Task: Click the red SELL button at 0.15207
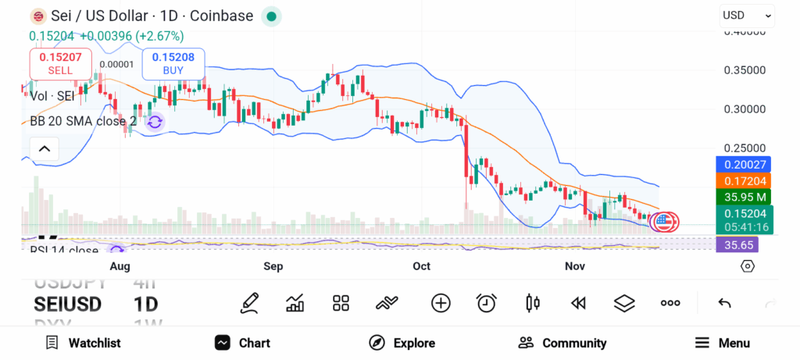[x=60, y=63]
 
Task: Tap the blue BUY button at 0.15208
[x=173, y=63]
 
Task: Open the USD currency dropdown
[x=747, y=15]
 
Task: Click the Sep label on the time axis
[x=273, y=266]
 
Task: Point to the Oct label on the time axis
[x=421, y=266]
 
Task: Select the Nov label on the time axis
[x=575, y=266]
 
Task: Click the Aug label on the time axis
[x=120, y=266]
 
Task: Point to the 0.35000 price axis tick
[x=745, y=70]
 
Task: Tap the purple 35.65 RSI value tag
[x=736, y=244]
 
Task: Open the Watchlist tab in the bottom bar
[x=83, y=343]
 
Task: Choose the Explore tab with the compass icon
[x=402, y=343]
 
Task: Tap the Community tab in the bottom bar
[x=562, y=343]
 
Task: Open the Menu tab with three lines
[x=723, y=343]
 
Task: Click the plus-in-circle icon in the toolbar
[x=441, y=303]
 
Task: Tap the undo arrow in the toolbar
[x=724, y=303]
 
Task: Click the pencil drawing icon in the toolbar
[x=249, y=303]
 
